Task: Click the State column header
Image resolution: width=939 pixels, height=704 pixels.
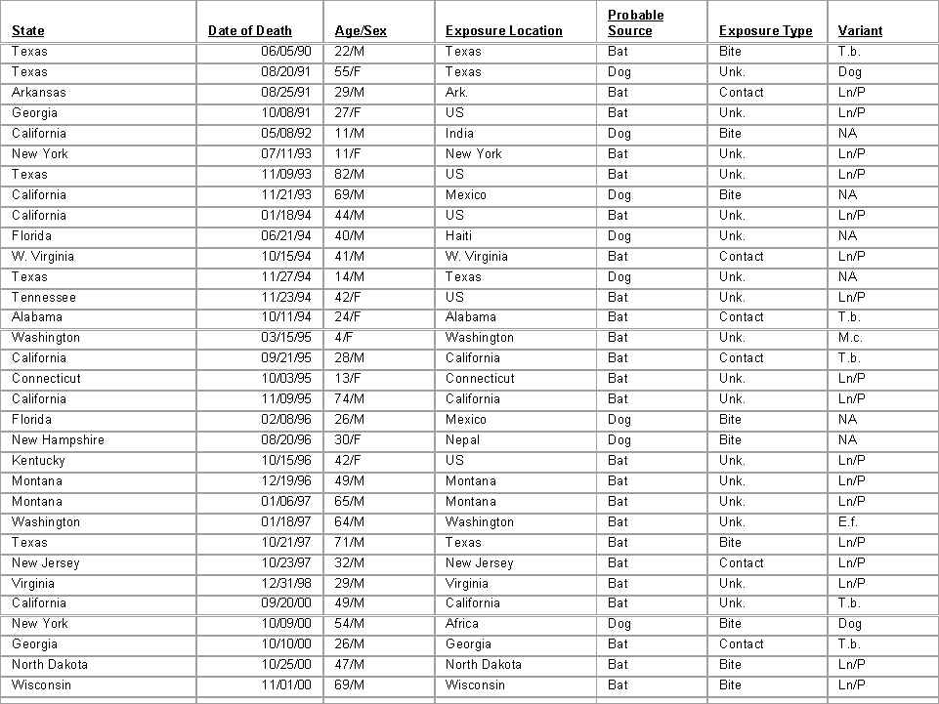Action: point(28,31)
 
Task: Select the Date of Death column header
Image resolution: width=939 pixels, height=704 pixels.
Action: point(250,31)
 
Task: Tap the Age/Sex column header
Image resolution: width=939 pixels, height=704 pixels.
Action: point(361,31)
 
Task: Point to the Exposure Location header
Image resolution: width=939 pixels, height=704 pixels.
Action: point(504,31)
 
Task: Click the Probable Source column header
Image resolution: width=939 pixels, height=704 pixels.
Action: point(635,23)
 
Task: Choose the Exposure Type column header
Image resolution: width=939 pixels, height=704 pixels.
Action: point(766,31)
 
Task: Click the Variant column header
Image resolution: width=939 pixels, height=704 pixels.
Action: point(860,31)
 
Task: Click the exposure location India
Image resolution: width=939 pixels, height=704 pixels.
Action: point(460,134)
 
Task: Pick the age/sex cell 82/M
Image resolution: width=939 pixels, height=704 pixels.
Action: point(350,175)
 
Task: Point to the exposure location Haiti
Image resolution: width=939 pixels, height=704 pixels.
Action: point(460,236)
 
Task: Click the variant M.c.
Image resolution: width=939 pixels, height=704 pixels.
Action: point(850,338)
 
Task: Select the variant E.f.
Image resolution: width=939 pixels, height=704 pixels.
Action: point(848,522)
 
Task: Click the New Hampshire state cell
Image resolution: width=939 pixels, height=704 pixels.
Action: point(58,440)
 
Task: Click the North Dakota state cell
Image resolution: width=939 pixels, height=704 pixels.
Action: point(50,665)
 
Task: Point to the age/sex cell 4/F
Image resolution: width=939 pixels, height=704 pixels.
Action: point(344,338)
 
